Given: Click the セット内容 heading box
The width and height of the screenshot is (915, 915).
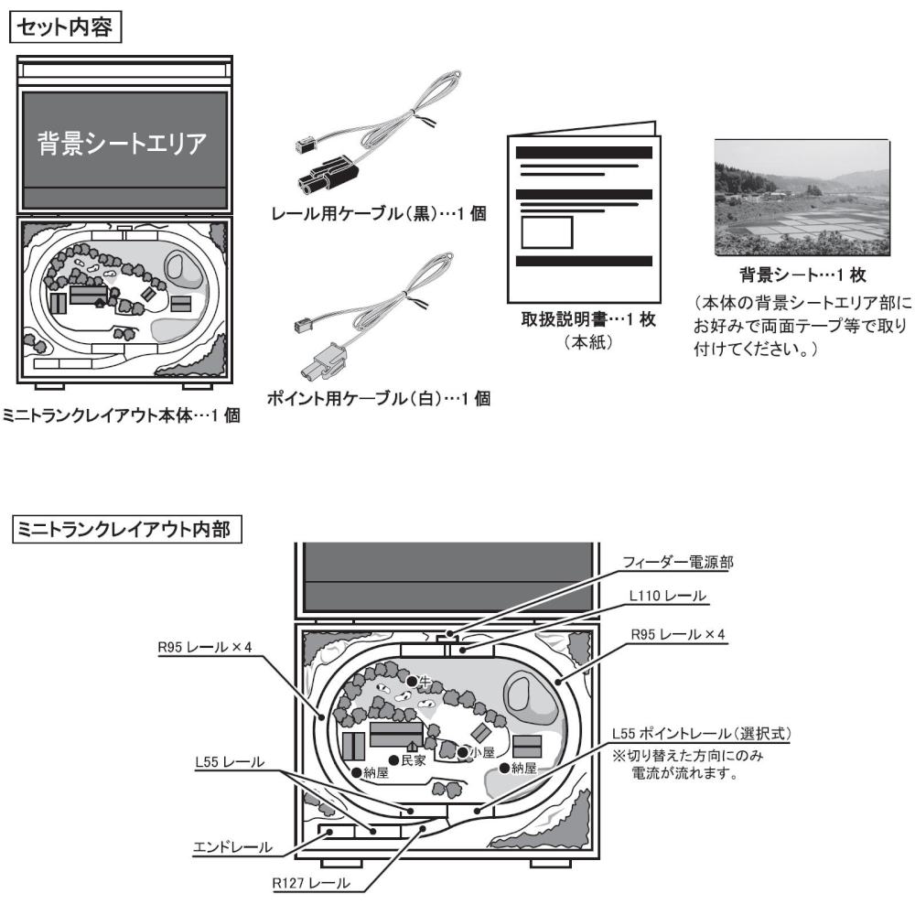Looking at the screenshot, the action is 65,27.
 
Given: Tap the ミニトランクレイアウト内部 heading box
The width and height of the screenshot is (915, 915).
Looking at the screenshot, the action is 126,529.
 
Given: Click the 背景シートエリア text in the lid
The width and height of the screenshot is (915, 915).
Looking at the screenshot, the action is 123,143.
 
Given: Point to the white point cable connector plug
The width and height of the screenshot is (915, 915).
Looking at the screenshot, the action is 324,361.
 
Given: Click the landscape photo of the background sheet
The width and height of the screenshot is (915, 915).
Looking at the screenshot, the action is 802,198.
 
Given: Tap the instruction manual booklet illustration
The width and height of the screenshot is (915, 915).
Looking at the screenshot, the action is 584,212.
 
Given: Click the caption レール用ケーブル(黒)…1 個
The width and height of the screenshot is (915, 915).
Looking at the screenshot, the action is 378,213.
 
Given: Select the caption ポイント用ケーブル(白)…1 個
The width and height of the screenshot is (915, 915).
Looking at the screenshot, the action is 378,399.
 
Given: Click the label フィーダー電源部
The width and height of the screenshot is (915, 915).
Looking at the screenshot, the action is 677,562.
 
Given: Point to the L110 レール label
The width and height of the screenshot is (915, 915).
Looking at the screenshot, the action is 668,596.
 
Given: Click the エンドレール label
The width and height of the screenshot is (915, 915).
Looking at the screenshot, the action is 232,847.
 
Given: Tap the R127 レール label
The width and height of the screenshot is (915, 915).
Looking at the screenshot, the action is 311,883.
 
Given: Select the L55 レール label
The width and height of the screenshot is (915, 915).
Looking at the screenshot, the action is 230,762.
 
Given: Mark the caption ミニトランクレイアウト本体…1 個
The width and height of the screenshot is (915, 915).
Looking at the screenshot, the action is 122,415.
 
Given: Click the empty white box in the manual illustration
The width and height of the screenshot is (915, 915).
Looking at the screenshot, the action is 547,232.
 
